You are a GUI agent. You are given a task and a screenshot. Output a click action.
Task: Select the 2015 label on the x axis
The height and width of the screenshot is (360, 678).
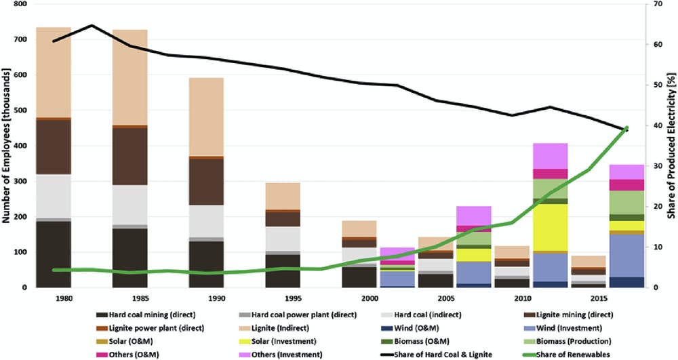(580, 298)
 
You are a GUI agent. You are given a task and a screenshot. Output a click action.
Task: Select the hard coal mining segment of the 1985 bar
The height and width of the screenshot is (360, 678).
(130, 258)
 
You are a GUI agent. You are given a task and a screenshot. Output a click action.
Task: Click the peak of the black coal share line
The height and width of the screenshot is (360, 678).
(92, 26)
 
